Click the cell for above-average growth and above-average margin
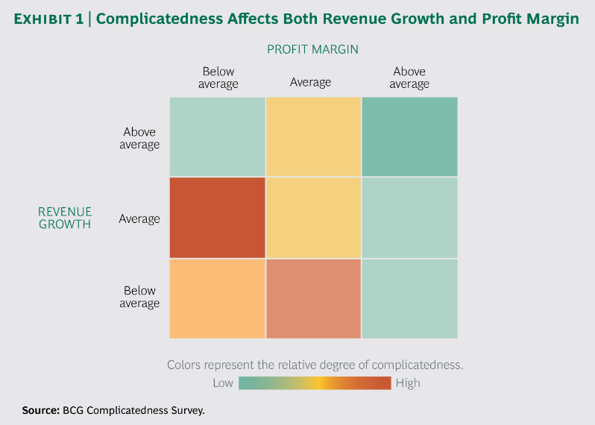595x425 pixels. (409, 137)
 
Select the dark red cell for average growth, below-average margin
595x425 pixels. (218, 218)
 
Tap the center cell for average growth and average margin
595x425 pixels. (313, 218)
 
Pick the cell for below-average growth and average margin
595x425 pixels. (313, 298)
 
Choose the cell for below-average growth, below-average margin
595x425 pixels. (218, 298)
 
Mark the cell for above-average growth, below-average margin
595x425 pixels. (218, 137)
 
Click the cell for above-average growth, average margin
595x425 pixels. (313, 137)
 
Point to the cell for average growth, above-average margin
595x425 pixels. (409, 218)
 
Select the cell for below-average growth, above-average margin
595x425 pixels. (409, 298)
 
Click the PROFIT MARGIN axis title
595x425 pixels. (313, 49)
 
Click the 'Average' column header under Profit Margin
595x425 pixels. (311, 82)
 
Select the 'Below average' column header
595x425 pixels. (218, 78)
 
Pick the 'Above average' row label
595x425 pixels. (139, 138)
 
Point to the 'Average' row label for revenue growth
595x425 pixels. (139, 219)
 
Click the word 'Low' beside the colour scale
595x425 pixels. (223, 383)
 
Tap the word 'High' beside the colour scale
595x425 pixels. (408, 383)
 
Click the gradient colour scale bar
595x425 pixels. (315, 383)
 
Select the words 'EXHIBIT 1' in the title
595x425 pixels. (48, 19)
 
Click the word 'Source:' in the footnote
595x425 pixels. (40, 410)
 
